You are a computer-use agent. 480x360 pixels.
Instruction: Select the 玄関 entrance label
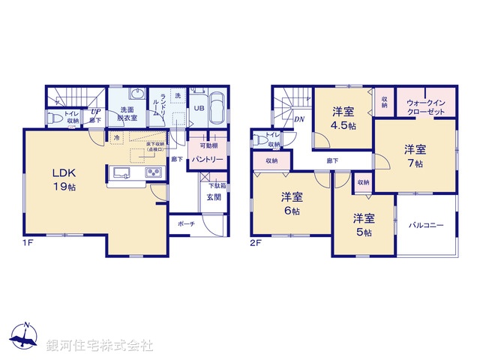(214, 197)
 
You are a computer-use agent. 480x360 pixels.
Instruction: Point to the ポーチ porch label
(187, 223)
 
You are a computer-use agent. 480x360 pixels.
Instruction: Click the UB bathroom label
(199, 109)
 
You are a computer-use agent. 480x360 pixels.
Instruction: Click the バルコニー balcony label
(426, 226)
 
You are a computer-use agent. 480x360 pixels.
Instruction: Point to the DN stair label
(298, 118)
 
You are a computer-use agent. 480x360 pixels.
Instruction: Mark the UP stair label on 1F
(96, 112)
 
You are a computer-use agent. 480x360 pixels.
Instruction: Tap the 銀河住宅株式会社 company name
(100, 346)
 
